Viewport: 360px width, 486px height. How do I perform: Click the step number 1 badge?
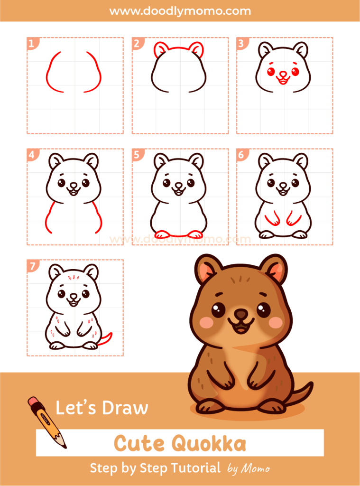(x=32, y=44)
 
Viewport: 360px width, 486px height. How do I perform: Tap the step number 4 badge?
(x=32, y=155)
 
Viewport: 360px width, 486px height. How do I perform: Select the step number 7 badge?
(x=32, y=266)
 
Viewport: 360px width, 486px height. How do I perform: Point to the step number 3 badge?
(x=241, y=44)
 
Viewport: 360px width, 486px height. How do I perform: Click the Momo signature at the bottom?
(x=255, y=468)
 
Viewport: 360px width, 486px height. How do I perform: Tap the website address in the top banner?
(x=180, y=10)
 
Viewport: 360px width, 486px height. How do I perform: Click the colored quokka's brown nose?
(x=241, y=315)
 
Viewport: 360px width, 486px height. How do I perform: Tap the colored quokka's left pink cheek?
(x=206, y=322)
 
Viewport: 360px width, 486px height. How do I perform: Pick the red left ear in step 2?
(x=161, y=49)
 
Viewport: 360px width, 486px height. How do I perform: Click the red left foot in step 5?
(x=162, y=234)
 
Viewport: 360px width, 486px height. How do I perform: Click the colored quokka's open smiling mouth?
(x=241, y=327)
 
